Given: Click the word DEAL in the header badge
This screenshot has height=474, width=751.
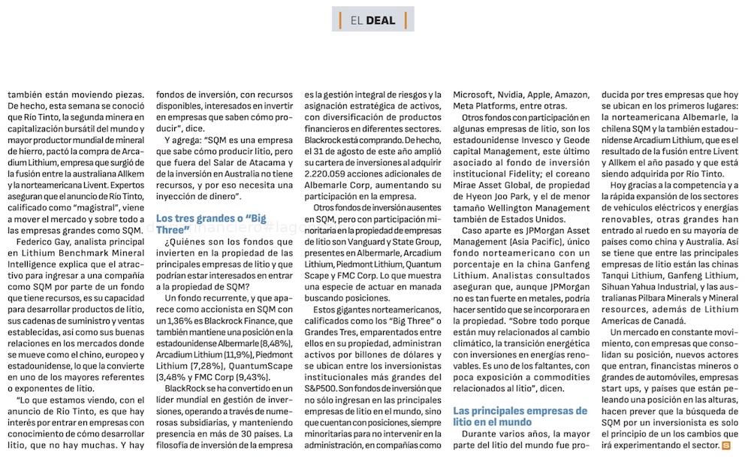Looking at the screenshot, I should click(381, 20).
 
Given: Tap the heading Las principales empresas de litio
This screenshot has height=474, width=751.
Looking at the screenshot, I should click(520, 416).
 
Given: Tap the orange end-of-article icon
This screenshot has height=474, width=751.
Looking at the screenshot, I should click(725, 446).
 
